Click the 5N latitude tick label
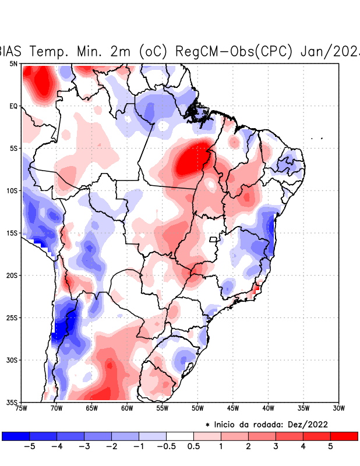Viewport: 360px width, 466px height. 13,63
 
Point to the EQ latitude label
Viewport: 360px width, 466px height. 13,106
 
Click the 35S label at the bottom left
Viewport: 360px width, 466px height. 12,402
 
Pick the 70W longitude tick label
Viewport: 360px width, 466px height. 57,408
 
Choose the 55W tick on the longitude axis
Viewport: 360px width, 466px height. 163,408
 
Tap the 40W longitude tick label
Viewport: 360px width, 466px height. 269,408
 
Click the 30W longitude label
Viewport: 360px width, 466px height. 339,408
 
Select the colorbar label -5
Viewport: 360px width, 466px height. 29,447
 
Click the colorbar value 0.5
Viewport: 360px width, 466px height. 194,447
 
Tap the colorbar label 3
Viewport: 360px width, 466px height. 276,447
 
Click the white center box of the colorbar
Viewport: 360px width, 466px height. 180,436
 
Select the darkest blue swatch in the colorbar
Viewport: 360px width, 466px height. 16,436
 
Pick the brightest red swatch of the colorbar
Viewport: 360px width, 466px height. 344,436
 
